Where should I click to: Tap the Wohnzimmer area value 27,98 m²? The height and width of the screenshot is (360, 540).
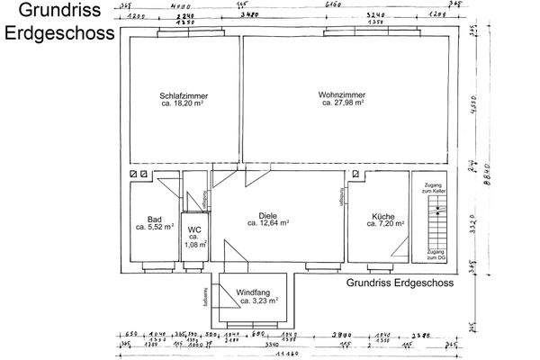pos(343,103)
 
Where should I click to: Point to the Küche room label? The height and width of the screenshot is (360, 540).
pos(382,215)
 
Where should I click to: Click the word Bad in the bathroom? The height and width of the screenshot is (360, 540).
pos(154,219)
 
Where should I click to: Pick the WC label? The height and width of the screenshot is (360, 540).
pos(194,229)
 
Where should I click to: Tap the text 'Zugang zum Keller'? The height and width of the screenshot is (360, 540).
pos(435,186)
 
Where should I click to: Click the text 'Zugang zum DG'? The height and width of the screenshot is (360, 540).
pos(435,255)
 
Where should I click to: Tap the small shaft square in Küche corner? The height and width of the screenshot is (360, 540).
pos(355,174)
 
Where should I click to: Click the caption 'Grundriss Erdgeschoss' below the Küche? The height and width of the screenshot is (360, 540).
pos(400,282)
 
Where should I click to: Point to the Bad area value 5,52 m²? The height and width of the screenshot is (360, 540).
pos(154,228)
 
